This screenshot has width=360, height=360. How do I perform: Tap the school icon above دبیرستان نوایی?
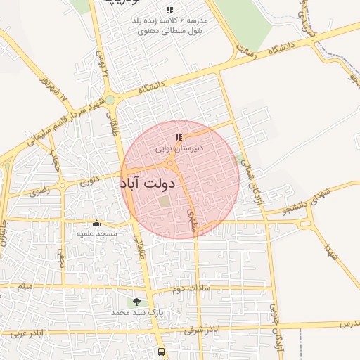(179, 138)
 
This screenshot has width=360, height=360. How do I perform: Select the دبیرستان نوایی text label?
(179, 148)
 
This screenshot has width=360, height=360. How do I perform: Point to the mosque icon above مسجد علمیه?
(97, 223)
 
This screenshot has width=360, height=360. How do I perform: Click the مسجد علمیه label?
(97, 233)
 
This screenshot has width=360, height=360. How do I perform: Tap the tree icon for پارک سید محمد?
(136, 301)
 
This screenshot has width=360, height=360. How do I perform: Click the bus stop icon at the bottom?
(162, 351)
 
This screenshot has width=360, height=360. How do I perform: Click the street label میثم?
(26, 287)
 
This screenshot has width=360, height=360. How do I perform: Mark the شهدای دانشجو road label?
(302, 200)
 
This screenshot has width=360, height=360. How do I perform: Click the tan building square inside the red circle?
(164, 201)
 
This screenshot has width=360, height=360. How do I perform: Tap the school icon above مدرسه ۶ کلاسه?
(169, 10)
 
